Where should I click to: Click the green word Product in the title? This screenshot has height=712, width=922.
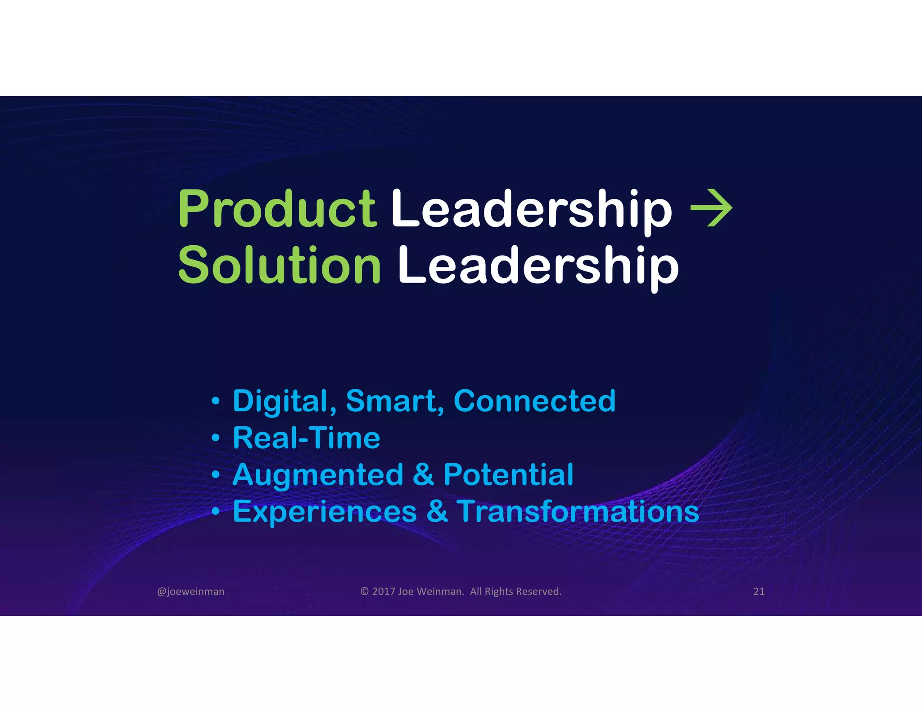277,209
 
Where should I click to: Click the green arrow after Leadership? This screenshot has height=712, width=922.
711,208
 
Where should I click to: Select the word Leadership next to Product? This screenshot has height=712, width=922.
531,209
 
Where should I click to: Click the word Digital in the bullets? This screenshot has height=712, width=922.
284,401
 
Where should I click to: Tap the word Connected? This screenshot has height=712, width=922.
534,401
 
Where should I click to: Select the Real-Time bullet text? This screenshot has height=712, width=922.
306,438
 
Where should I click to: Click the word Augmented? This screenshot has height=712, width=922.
318,475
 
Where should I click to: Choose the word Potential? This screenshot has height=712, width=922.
508,475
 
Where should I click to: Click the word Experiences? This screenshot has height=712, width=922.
325,512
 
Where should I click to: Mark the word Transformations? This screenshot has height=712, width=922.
578,512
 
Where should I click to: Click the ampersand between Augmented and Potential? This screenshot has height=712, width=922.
423,475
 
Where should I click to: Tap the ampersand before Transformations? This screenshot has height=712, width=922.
437,512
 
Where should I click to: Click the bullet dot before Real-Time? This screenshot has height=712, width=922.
216,437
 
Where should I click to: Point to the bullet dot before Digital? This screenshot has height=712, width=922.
216,401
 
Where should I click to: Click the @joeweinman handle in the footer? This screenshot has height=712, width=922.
190,591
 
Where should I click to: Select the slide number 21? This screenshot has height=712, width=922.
759,591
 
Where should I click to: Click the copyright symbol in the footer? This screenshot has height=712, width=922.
365,591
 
